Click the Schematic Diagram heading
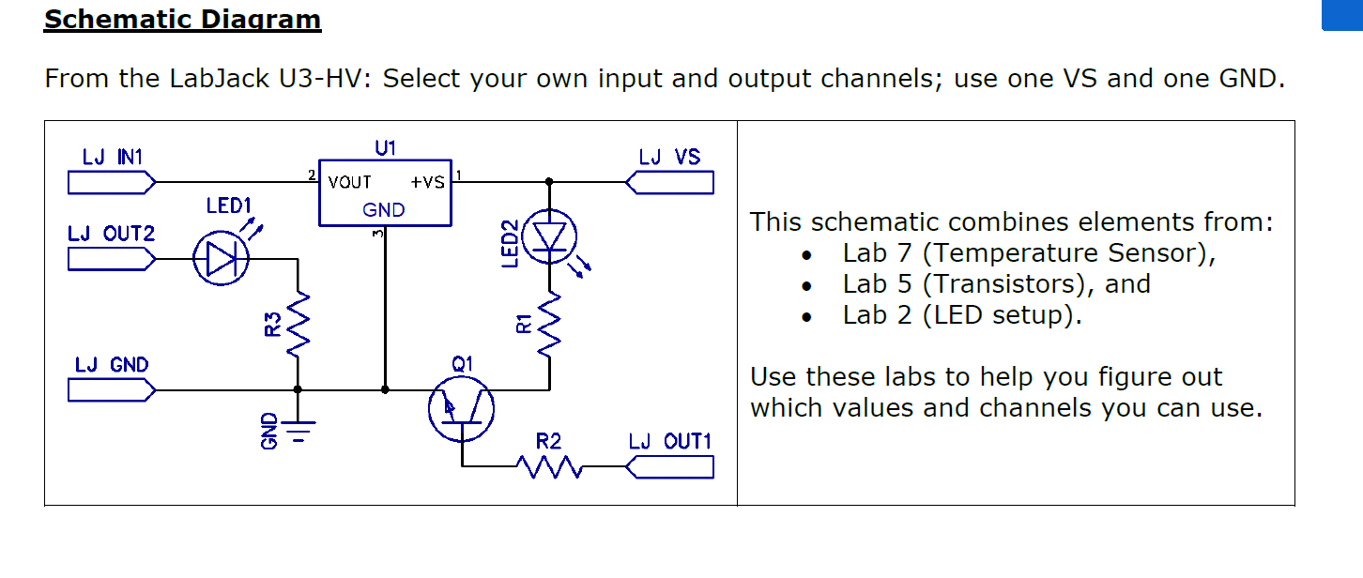pyautogui.click(x=182, y=20)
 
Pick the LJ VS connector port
pyautogui.click(x=669, y=181)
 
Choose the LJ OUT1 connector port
pyautogui.click(x=669, y=466)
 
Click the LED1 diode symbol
pyautogui.click(x=221, y=259)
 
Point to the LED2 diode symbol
pyautogui.click(x=550, y=236)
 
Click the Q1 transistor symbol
pyautogui.click(x=461, y=409)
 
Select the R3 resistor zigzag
pyautogui.click(x=298, y=324)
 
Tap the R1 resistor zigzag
pyautogui.click(x=549, y=324)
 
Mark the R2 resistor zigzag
pyautogui.click(x=548, y=466)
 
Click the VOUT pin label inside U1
pyautogui.click(x=349, y=183)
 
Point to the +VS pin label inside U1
pyautogui.click(x=427, y=183)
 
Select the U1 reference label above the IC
pyautogui.click(x=385, y=147)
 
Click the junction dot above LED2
pyautogui.click(x=549, y=181)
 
